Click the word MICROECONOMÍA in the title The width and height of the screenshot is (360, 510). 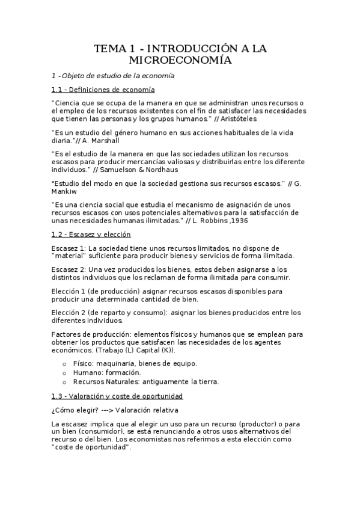pos(180,60)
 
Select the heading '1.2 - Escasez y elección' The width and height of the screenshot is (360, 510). pos(91,235)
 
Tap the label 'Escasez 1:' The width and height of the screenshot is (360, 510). pos(69,247)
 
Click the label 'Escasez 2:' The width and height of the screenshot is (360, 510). pos(69,269)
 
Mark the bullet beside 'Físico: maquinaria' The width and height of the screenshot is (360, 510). pos(65,363)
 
